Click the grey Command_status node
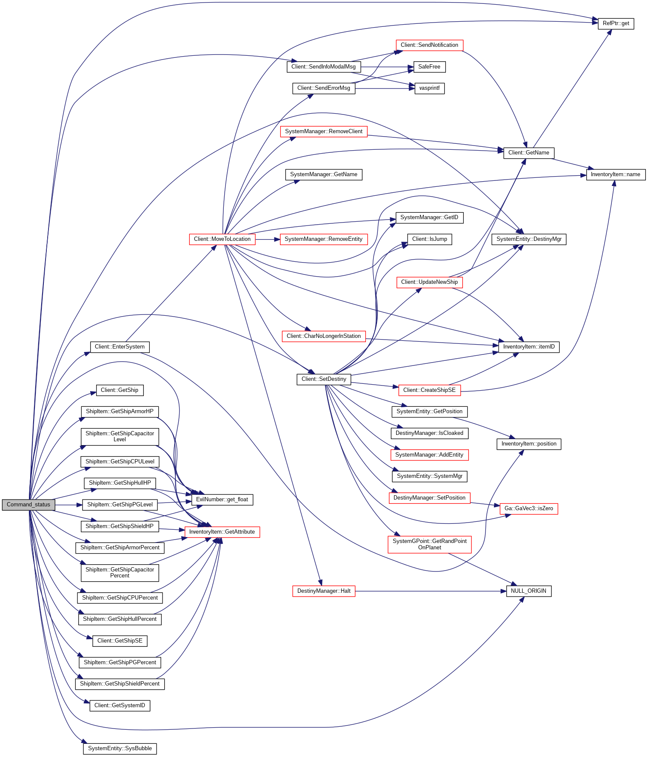point(29,505)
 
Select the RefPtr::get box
point(616,23)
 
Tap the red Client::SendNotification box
point(429,45)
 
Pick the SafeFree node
point(429,67)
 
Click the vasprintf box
point(429,89)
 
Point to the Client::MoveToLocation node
point(222,239)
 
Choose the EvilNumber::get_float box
point(222,500)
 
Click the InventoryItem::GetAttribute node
point(222,532)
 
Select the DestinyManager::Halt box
point(324,591)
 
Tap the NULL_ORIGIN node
point(528,591)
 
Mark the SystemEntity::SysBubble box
point(120,748)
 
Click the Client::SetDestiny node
point(324,379)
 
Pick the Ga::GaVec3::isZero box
point(528,508)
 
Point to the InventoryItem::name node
point(615,174)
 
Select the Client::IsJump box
point(429,239)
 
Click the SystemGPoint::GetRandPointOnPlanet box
point(429,544)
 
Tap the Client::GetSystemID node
point(120,706)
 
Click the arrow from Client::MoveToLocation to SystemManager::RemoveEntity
point(268,240)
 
